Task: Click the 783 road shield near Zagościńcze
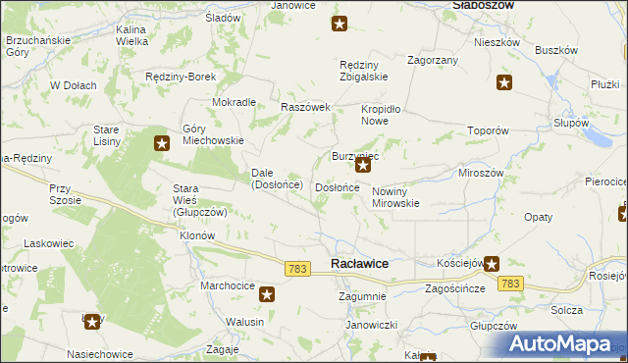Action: [x=509, y=283]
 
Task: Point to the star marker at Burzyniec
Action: [x=362, y=166]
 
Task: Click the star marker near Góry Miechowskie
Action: [x=162, y=143]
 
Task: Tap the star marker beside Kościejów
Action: [x=491, y=263]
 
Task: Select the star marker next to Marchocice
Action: [x=266, y=292]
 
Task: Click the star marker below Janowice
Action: [x=339, y=24]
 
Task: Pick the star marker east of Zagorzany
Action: [x=504, y=84]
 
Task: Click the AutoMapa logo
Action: [x=564, y=344]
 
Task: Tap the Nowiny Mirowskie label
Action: [x=395, y=197]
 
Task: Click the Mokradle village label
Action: [x=234, y=102]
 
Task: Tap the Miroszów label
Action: [x=481, y=172]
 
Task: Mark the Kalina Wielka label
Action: [x=131, y=36]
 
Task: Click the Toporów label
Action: [x=488, y=130]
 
